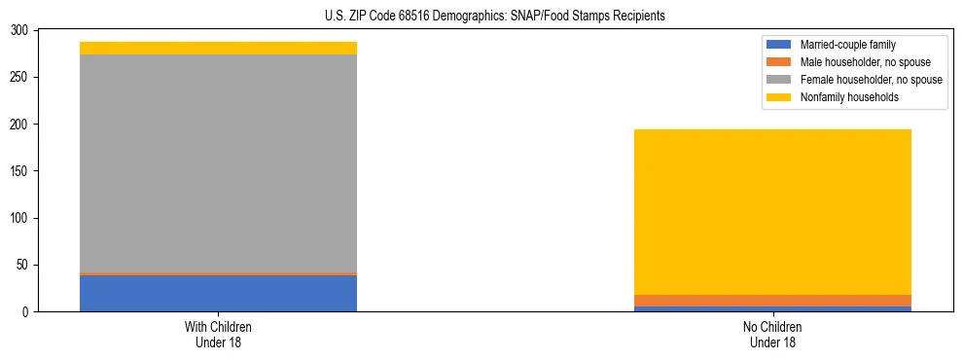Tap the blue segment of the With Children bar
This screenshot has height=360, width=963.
click(218, 293)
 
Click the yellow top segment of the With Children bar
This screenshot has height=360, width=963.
click(218, 48)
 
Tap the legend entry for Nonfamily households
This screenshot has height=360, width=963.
click(849, 97)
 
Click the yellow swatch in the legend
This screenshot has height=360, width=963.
click(779, 97)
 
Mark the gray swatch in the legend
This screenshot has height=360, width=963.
click(779, 80)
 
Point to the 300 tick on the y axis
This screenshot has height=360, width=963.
click(19, 31)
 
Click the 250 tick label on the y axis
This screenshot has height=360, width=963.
click(19, 78)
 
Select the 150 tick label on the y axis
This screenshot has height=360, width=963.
click(19, 171)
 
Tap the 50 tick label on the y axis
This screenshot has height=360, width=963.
click(22, 265)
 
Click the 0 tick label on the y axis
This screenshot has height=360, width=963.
click(25, 311)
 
